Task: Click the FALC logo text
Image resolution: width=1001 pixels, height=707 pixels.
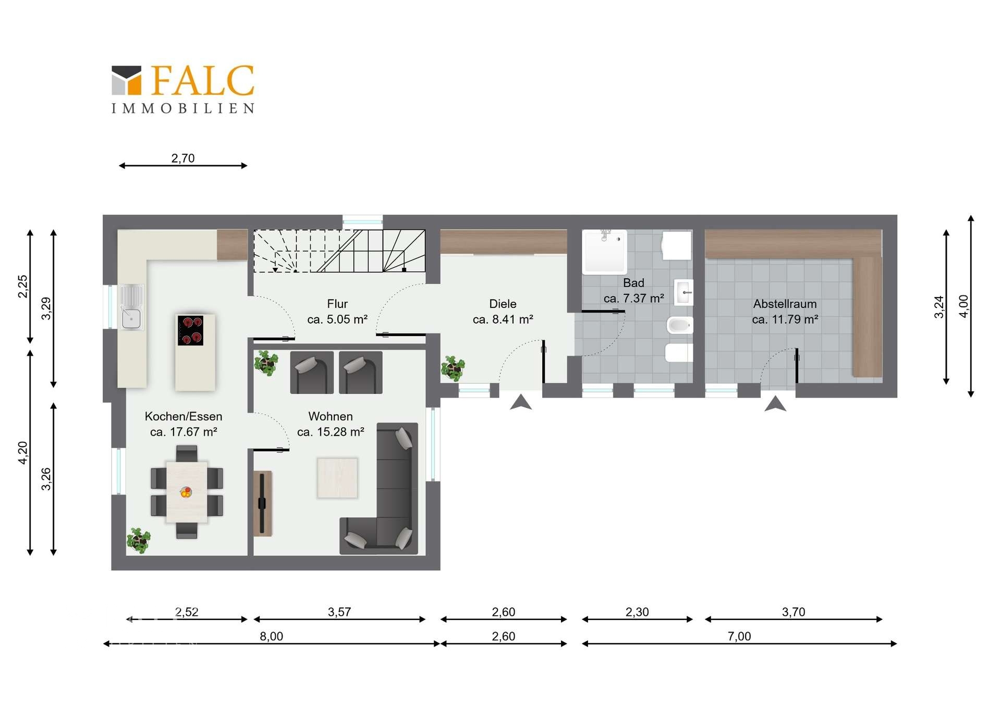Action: pyautogui.click(x=203, y=81)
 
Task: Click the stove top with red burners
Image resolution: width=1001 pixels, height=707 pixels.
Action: pyautogui.click(x=190, y=330)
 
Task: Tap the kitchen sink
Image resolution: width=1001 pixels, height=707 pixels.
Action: pyautogui.click(x=131, y=307)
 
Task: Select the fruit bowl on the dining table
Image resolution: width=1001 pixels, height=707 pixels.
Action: pyautogui.click(x=186, y=492)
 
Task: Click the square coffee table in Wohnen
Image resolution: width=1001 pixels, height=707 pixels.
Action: pyautogui.click(x=337, y=478)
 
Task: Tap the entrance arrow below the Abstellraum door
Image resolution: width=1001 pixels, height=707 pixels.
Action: pyautogui.click(x=775, y=403)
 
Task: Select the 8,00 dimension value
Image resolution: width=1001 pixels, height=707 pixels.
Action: pyautogui.click(x=271, y=636)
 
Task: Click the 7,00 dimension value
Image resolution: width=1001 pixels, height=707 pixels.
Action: pyautogui.click(x=739, y=636)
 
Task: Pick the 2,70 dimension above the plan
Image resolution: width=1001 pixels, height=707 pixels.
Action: pyautogui.click(x=183, y=158)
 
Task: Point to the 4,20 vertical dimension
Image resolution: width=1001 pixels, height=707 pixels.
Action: pyautogui.click(x=23, y=452)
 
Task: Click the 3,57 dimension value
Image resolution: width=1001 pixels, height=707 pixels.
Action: pyautogui.click(x=339, y=612)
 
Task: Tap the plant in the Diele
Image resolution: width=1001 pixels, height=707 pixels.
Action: pyautogui.click(x=453, y=368)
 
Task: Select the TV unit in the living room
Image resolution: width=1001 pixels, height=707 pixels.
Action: pyautogui.click(x=262, y=503)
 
